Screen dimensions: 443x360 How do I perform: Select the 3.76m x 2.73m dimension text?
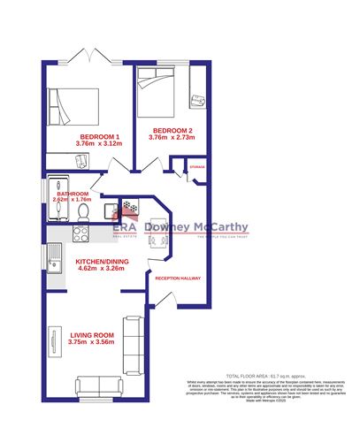170,138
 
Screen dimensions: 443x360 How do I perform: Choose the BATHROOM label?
72,194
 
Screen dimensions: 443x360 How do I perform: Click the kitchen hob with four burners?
80,233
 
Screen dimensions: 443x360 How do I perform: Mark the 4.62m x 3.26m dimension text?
99,270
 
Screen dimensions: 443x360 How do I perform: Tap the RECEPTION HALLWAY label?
178,278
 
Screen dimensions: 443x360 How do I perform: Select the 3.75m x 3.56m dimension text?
93,342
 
